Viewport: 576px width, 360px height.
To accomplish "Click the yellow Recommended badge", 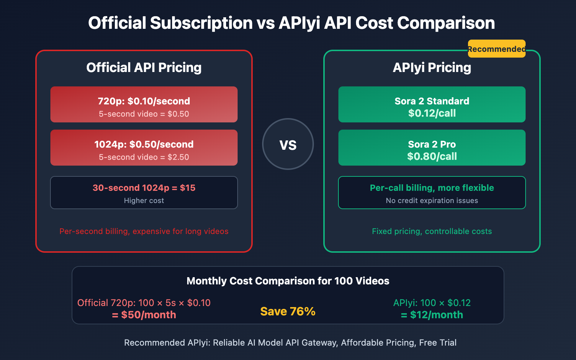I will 496,49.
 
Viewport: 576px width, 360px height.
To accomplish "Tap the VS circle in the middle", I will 288,144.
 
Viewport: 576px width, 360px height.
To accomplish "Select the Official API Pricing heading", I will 144,68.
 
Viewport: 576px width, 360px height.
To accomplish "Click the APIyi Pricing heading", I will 432,68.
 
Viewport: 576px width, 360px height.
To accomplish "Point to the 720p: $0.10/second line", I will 144,101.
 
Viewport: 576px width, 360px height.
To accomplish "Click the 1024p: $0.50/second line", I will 144,144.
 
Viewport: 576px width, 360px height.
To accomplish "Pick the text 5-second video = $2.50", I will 144,157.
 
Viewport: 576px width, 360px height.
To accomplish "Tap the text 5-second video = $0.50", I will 144,114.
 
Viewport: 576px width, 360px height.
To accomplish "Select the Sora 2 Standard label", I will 432,101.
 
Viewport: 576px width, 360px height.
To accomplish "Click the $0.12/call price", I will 432,113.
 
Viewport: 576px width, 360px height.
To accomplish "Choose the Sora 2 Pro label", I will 432,144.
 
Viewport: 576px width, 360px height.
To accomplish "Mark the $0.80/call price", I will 432,157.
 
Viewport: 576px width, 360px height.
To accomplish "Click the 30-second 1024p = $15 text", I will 144,188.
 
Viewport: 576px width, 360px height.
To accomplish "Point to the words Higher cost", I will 144,201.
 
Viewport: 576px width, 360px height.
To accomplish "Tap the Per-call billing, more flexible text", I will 432,188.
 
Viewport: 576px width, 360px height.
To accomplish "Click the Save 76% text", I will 288,311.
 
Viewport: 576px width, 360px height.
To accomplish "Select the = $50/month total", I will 144,315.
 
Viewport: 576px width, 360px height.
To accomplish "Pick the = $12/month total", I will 432,315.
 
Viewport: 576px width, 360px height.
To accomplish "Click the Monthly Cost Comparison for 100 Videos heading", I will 288,281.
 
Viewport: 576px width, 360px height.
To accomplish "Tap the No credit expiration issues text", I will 432,201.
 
